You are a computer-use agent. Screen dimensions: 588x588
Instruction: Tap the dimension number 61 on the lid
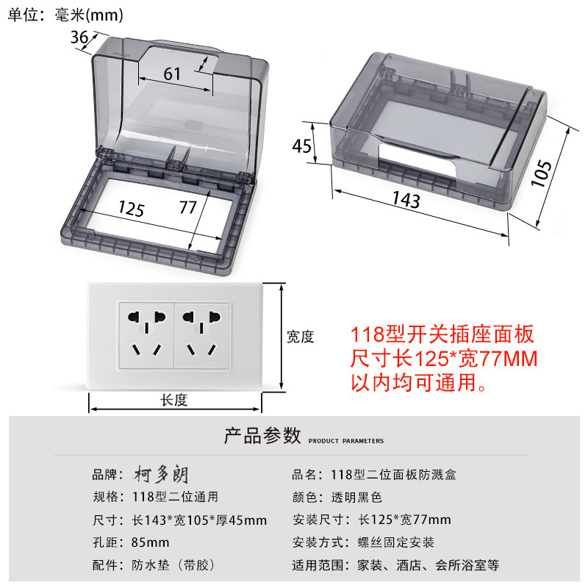(171, 73)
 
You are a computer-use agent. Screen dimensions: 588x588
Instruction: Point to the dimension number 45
(302, 146)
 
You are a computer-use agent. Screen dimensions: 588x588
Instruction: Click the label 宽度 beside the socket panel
(300, 337)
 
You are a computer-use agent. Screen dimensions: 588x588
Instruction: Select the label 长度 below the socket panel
(175, 399)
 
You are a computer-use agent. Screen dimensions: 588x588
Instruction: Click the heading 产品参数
(262, 436)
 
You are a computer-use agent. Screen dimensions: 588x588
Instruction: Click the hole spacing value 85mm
(152, 542)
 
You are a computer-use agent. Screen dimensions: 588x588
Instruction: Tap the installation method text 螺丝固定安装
(396, 542)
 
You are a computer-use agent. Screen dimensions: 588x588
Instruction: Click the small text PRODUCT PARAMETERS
(345, 441)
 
